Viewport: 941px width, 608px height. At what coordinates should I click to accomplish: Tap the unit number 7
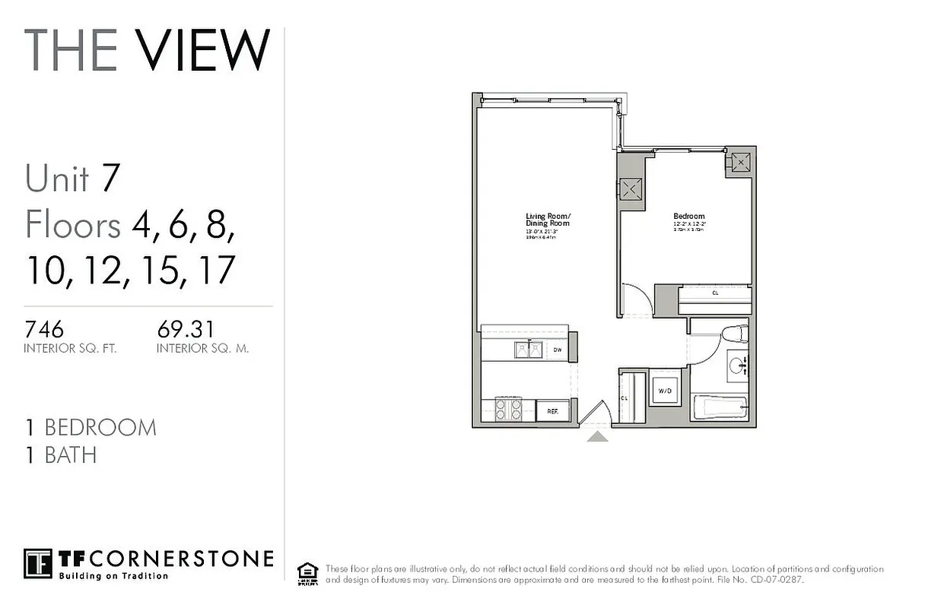point(110,178)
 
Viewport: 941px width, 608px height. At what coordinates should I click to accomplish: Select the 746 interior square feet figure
point(44,330)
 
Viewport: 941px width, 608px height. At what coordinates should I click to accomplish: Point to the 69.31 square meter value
point(186,330)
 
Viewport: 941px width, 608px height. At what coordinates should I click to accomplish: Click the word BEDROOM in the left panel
point(100,427)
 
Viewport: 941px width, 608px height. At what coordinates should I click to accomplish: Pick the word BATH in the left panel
point(71,455)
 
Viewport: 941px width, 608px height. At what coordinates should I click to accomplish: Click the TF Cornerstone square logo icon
point(38,563)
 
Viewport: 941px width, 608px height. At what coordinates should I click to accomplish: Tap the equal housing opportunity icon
point(307,572)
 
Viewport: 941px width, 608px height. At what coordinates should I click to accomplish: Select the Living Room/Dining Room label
point(547,220)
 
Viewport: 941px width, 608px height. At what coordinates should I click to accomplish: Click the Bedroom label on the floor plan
point(688,216)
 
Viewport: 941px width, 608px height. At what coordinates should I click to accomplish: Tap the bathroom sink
point(738,368)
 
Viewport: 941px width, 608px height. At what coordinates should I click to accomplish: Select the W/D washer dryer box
point(664,391)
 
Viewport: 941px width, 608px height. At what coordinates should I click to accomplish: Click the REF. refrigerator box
point(552,411)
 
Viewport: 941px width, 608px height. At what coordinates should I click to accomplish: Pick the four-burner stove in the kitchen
point(507,410)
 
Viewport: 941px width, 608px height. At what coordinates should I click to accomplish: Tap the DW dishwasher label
point(557,350)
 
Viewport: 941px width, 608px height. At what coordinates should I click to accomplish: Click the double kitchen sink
point(528,349)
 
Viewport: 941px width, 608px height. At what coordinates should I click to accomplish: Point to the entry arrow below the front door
point(597,436)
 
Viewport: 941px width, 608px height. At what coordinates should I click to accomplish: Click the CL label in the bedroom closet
point(715,293)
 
